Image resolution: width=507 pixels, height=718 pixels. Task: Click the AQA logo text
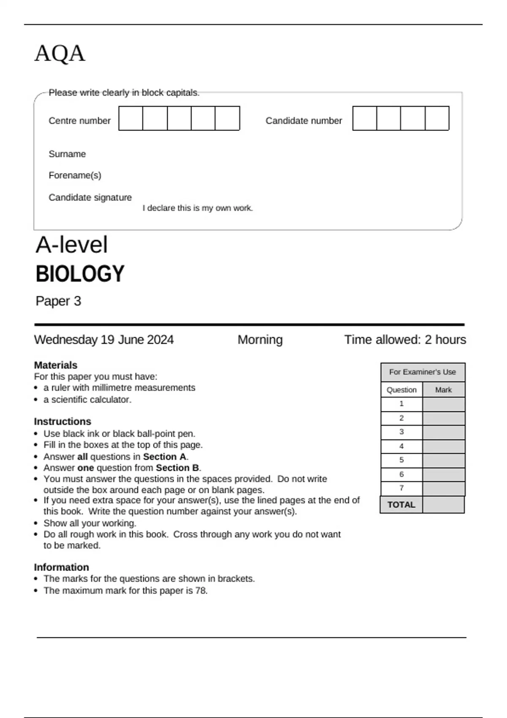coord(60,54)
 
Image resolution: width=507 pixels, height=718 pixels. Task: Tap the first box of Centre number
coord(131,118)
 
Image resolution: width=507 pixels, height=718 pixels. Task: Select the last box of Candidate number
coord(437,118)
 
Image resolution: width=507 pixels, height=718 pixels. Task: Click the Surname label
coord(67,154)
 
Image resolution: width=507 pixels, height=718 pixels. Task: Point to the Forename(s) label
coord(75,175)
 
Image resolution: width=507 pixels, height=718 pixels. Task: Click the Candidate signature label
coord(90,198)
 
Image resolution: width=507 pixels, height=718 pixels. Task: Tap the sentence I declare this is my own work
coord(197,208)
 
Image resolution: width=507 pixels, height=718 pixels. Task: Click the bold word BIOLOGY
coord(80,274)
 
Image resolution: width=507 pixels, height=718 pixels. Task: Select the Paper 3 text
coord(58,301)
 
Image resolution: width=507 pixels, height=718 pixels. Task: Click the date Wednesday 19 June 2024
coord(104,340)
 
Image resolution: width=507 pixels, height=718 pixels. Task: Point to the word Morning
coord(260,340)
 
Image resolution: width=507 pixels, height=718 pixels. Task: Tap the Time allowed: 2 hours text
coord(405,340)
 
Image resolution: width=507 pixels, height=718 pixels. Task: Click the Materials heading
coord(55,365)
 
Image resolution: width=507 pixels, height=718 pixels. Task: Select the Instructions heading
coord(62,422)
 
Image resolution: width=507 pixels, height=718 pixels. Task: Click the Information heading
coord(61,567)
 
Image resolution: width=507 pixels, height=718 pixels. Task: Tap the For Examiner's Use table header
coord(422,372)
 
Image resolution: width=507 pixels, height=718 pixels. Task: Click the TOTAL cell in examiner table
coord(401,505)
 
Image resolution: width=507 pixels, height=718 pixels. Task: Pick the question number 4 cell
coord(401,446)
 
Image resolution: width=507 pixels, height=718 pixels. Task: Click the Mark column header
coord(443,390)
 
